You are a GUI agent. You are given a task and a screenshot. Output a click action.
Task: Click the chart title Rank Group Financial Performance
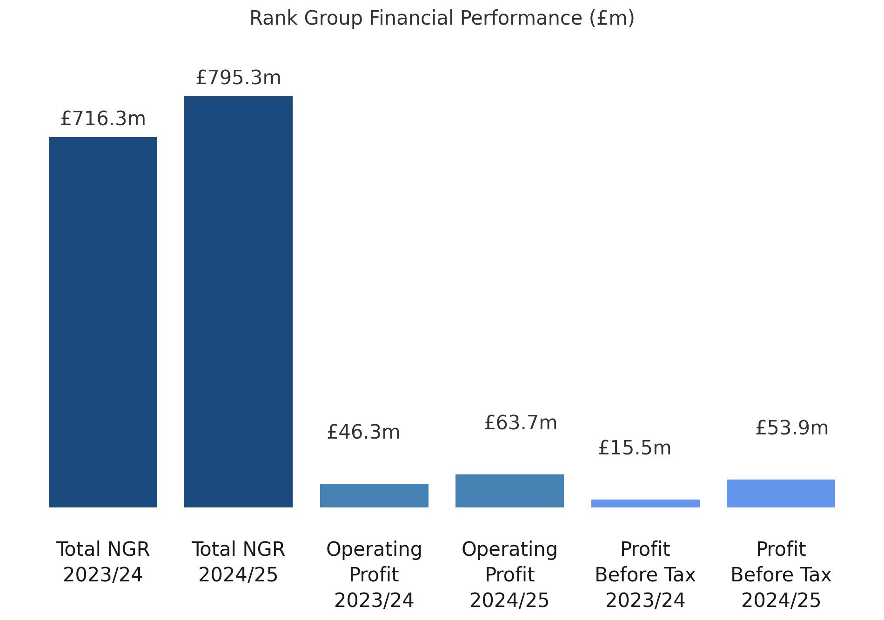(442, 19)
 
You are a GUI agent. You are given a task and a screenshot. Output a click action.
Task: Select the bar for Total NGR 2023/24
(103, 322)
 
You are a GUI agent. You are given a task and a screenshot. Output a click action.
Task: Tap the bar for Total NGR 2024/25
(238, 301)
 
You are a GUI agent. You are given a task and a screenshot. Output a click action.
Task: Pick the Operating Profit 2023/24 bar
(374, 495)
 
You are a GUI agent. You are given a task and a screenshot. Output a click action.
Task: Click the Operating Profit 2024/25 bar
(509, 491)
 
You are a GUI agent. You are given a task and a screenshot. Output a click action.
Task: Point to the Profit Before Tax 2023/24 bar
(645, 503)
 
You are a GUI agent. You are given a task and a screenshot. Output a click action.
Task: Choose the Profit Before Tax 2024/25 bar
(781, 493)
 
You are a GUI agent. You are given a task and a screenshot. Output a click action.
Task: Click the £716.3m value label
(103, 119)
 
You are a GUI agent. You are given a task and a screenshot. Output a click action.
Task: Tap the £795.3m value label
(238, 78)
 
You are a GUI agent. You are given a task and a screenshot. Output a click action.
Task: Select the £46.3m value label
(363, 432)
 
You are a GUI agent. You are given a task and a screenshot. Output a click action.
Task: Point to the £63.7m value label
(521, 423)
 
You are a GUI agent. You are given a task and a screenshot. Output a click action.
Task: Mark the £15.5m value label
(635, 448)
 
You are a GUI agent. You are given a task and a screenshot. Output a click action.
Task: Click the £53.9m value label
(792, 428)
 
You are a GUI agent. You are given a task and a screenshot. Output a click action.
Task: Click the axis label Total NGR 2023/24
(103, 562)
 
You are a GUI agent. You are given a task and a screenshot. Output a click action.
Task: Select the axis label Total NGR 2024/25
(238, 562)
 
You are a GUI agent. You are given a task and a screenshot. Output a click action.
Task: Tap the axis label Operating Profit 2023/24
(374, 574)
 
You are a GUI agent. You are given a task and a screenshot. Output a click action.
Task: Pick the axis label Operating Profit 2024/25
(509, 574)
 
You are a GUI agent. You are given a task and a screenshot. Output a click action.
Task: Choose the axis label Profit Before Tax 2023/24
(645, 574)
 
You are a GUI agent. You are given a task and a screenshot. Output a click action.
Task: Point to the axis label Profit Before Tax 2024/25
(781, 574)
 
